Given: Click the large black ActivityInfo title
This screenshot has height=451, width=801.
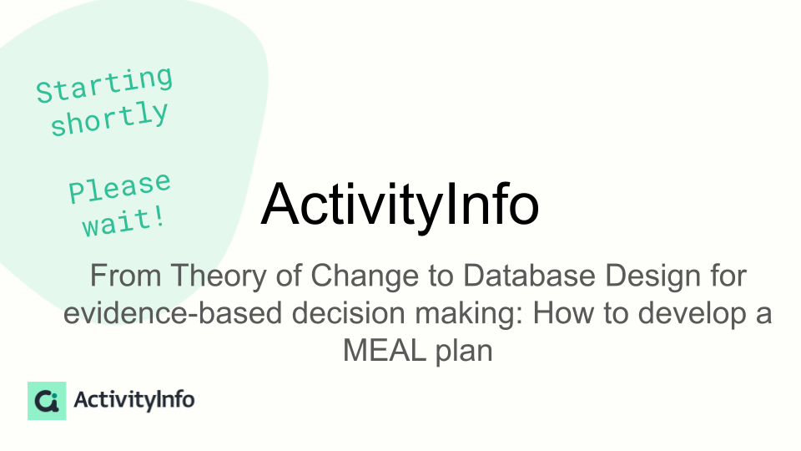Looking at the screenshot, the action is (400, 205).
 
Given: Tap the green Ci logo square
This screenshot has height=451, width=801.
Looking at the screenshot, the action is (47, 400).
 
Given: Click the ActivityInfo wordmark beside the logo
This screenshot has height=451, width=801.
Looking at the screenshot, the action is (133, 400).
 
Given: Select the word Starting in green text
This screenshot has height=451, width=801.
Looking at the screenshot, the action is (105, 84).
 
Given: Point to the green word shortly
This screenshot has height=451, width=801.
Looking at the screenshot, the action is (109, 118).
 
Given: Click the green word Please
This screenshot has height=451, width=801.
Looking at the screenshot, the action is (119, 188).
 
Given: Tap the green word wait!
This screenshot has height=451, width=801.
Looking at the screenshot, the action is (123, 221).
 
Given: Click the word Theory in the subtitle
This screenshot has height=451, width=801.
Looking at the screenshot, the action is (219, 276).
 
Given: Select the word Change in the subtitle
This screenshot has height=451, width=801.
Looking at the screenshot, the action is (365, 276).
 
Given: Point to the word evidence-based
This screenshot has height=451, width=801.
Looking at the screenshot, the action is (173, 313).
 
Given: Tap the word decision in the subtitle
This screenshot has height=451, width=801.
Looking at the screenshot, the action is (349, 313).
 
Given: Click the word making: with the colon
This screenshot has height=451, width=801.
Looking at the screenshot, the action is (469, 313).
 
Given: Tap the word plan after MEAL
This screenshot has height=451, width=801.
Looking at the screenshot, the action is (464, 351).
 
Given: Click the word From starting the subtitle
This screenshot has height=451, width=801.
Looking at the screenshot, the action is (126, 276).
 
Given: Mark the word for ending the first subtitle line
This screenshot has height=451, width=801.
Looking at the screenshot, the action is (728, 276).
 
